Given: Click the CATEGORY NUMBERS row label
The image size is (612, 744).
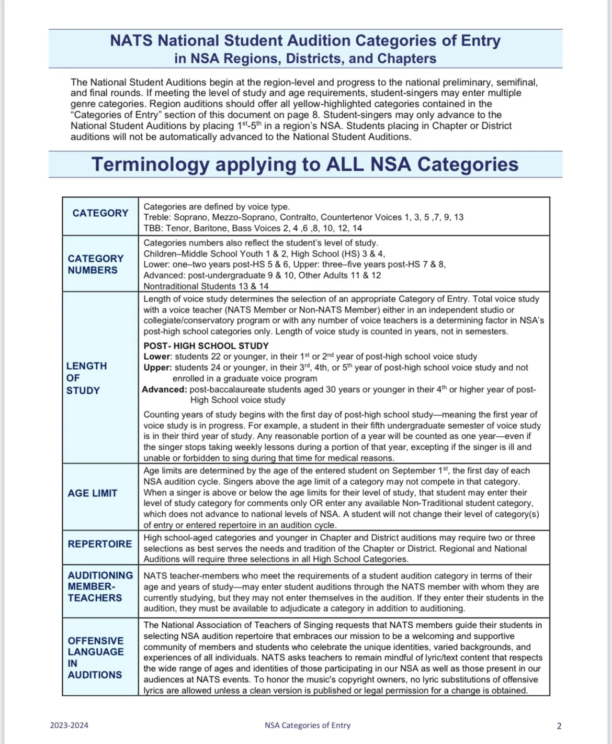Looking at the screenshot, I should tap(96, 264).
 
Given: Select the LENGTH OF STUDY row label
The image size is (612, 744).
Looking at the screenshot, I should tap(86, 378).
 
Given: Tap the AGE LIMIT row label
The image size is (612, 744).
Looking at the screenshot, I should tap(93, 493).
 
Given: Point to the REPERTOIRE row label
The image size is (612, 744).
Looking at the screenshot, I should tap(100, 544).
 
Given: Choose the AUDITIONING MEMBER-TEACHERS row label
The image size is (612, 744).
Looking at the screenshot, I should tap(100, 586).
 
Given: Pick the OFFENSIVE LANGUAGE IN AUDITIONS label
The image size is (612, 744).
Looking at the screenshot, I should tap(96, 658).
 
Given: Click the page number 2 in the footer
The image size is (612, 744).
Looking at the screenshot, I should tap(559, 726).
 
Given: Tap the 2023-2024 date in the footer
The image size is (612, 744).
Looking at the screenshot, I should tap(69, 725).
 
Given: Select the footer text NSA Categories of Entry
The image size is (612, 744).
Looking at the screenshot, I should tap(308, 725).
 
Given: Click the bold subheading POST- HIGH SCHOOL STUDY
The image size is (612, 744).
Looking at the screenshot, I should tap(206, 346).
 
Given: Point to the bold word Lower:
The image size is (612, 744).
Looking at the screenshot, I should tap(157, 357).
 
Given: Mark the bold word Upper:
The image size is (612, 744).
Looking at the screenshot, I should tap(157, 368).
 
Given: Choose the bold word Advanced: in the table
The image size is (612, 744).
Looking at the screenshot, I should tap(164, 390).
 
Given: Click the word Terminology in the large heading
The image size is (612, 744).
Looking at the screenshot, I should tap(151, 164).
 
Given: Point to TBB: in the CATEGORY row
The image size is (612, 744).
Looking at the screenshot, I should tap(154, 228).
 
